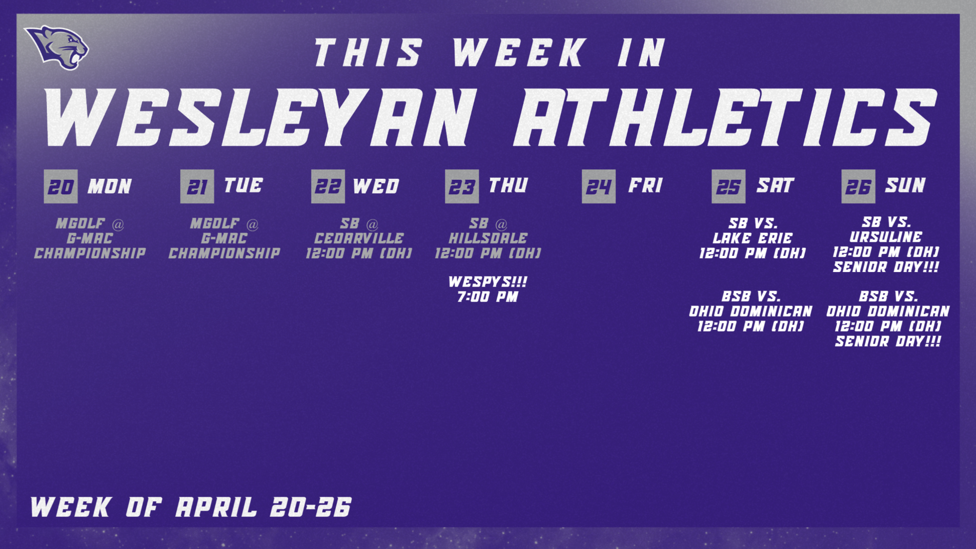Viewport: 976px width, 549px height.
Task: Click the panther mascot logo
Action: [x=58, y=47]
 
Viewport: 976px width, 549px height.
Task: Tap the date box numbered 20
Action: [x=61, y=187]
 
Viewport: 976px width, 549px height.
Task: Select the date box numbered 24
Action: [x=598, y=187]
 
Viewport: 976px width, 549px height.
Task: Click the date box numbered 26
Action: [x=858, y=187]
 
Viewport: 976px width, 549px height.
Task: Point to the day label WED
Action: [x=376, y=186]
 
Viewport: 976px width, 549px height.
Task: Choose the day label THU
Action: [x=508, y=186]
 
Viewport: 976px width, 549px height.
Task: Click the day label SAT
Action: [x=775, y=186]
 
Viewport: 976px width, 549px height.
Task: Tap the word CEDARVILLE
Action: [x=359, y=238]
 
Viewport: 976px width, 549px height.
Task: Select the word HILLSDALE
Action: [x=488, y=238]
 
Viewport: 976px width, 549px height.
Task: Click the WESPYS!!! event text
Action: [x=488, y=282]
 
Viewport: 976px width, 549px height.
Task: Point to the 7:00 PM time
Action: [x=488, y=296]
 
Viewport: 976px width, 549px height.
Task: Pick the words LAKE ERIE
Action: [x=752, y=238]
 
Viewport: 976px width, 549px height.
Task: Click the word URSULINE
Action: [x=886, y=237]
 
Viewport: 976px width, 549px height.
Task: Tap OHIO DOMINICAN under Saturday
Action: [x=751, y=311]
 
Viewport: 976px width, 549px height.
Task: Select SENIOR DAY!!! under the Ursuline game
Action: [x=886, y=267]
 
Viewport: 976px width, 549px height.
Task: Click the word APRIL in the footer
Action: [x=216, y=507]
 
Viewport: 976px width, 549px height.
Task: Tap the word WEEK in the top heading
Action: [x=518, y=52]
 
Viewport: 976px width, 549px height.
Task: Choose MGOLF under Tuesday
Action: [x=215, y=224]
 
